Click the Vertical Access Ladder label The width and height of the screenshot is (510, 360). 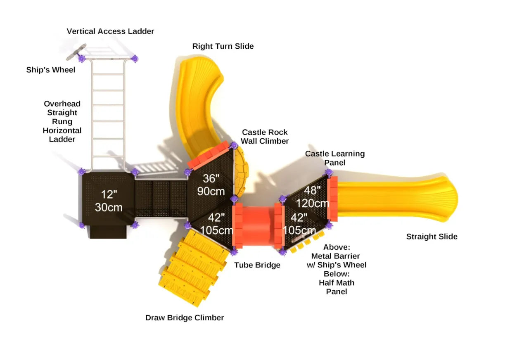[110, 31]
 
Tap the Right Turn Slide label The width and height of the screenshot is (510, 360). [223, 46]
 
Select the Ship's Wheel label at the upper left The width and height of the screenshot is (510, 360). [51, 70]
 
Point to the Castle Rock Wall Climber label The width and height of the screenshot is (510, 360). [265, 137]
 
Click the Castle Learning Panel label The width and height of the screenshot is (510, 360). [334, 158]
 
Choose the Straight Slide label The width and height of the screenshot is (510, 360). [432, 237]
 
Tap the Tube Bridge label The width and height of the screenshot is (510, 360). [257, 265]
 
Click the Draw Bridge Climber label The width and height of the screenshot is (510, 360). [185, 318]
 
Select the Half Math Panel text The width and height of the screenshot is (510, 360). [337, 287]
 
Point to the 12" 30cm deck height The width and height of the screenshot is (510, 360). [109, 201]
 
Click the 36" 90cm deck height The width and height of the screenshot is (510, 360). [211, 185]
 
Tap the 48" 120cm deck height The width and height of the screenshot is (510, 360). [313, 197]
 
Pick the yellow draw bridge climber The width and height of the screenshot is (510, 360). [193, 268]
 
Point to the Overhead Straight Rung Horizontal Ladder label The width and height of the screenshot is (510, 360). [62, 121]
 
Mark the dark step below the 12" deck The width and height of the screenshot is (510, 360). [108, 232]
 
